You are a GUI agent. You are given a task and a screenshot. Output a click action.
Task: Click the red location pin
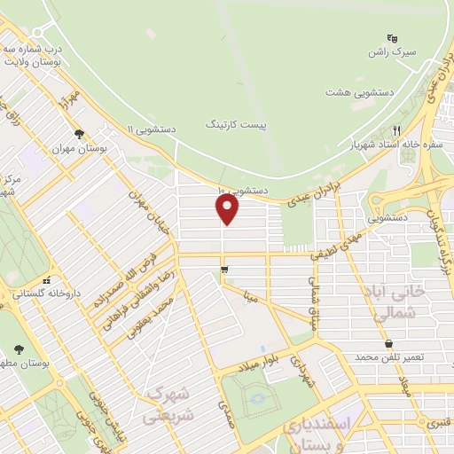[x=228, y=208]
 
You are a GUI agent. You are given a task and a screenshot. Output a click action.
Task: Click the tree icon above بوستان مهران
[x=80, y=135]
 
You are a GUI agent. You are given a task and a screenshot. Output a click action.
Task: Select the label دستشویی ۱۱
[x=151, y=129]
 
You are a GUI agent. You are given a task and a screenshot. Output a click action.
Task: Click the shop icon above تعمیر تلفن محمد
[x=388, y=343]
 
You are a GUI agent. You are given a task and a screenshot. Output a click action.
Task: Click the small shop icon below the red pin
[x=223, y=269]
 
